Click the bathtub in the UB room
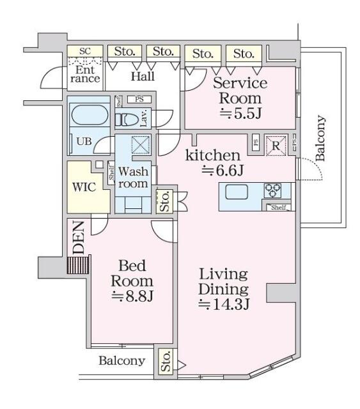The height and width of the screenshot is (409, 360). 90,115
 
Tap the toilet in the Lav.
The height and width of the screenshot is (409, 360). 127,120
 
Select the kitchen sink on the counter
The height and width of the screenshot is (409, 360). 237,192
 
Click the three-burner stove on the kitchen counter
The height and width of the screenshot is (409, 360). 272,190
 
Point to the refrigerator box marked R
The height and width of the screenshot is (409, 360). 276,145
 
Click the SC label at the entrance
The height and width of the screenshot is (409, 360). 85,51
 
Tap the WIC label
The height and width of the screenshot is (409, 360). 84,187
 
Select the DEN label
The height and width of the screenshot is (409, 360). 78,237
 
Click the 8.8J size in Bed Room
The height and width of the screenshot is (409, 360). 132,296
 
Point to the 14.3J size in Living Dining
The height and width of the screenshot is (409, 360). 224,304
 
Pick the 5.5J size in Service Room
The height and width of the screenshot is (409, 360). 240,113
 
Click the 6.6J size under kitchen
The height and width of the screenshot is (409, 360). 223,171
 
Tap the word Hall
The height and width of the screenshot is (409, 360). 143,76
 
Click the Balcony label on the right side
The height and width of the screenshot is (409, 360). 320,138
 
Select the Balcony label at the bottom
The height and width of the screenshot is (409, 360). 121,360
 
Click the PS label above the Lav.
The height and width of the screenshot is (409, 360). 139,100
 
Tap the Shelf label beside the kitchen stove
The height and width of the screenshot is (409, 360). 279,207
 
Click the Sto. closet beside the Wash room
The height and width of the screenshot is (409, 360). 164,201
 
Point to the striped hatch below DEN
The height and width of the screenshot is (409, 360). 79,265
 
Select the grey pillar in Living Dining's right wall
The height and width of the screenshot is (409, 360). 281,293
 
